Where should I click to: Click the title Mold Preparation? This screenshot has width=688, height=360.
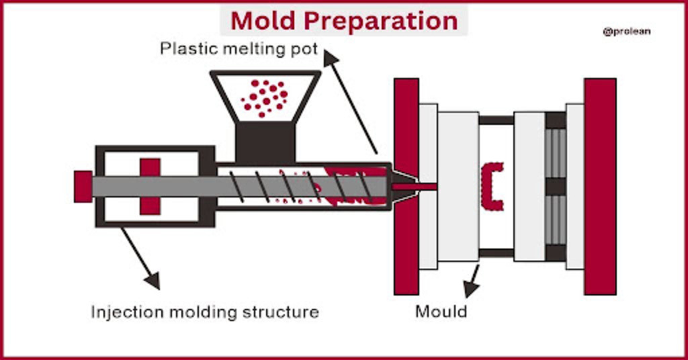coord(344,20)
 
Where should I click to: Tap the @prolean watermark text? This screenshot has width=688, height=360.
coord(626,31)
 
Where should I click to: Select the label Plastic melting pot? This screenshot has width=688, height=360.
coord(239,49)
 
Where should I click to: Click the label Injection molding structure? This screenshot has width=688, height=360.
coord(205,312)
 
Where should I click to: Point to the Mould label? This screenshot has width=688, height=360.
coord(441,312)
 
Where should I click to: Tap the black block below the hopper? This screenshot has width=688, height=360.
coord(265,142)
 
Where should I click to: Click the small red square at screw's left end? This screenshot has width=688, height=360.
coord(83,186)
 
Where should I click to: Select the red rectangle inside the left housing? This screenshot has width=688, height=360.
coord(150,186)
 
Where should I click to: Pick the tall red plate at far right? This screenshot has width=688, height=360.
coord(599,186)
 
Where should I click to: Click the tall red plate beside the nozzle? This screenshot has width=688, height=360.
coord(406,186)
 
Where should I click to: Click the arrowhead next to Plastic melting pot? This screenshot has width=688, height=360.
coord(329,58)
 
